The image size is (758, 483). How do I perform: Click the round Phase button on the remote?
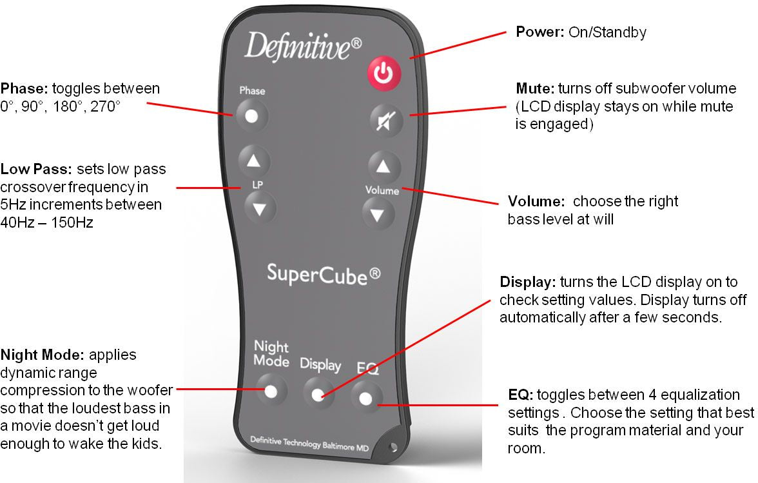coord(251,117)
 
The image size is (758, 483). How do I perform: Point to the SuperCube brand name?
coord(324,274)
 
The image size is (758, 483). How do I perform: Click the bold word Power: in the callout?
coord(540,32)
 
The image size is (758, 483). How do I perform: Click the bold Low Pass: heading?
coord(37,170)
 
